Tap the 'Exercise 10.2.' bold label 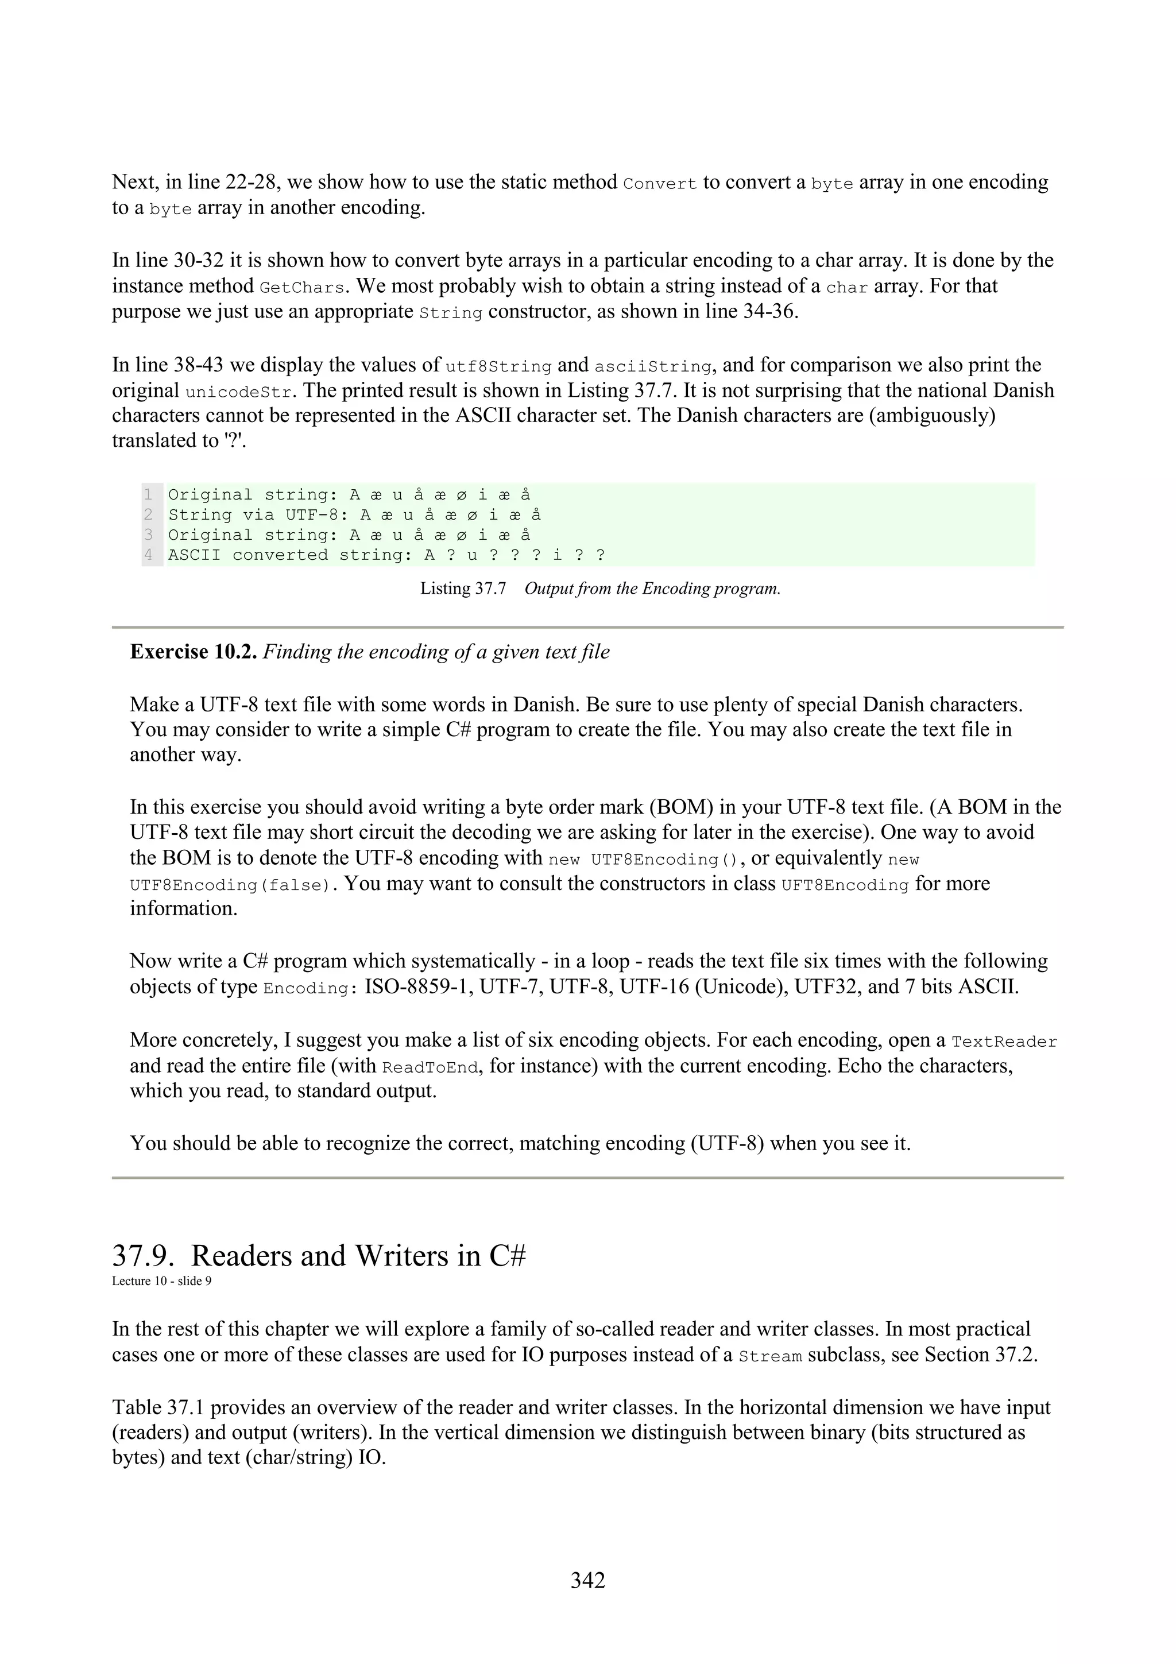194,652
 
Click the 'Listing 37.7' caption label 463,589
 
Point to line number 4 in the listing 149,555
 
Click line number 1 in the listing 149,495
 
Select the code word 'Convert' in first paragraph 659,184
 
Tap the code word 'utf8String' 498,367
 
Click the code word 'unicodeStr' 239,393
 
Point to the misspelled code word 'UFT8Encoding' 845,885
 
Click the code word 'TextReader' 1004,1042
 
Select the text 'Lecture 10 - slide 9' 161,1280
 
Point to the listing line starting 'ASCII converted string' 386,555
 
